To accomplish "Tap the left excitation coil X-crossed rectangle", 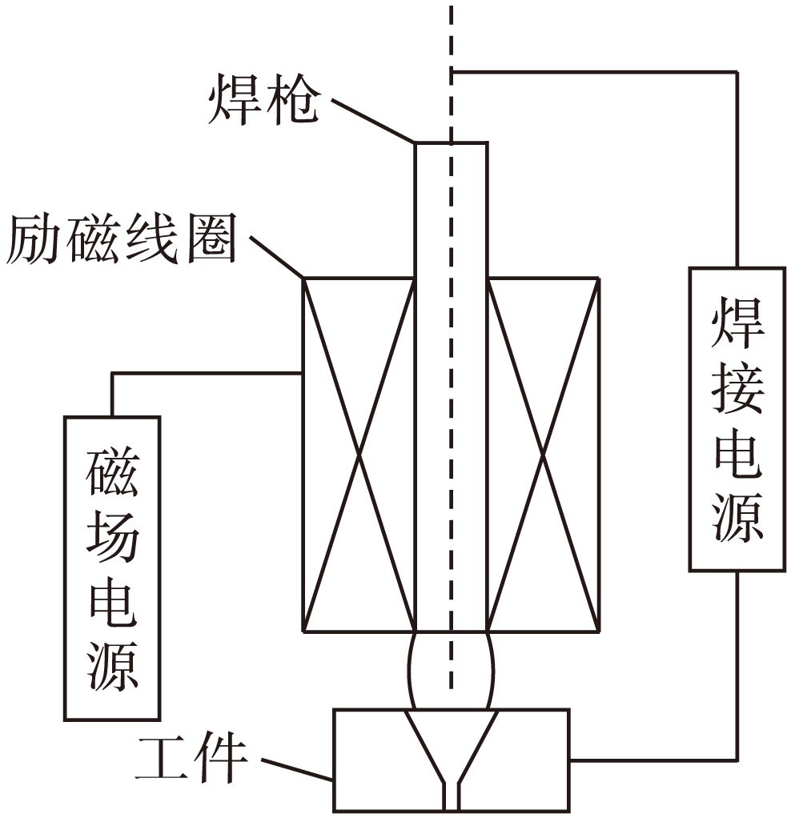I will [x=358, y=454].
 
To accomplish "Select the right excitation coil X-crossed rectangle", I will [x=543, y=454].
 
